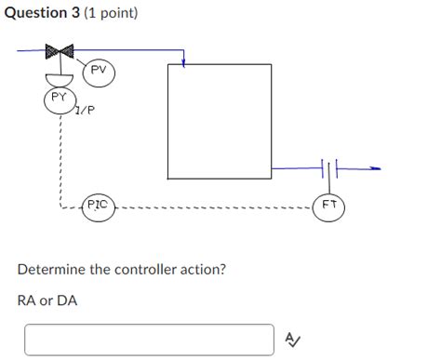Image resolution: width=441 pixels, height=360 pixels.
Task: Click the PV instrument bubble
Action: click(x=100, y=73)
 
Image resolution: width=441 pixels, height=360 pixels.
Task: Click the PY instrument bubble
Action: click(x=59, y=99)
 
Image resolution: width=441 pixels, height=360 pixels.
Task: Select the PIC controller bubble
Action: click(x=99, y=207)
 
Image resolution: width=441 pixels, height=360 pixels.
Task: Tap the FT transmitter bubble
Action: click(x=330, y=207)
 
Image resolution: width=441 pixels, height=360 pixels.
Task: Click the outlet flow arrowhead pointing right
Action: click(x=375, y=169)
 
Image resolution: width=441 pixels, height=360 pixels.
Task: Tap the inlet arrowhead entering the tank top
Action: click(x=184, y=64)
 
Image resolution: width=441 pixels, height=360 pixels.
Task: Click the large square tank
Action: click(x=220, y=121)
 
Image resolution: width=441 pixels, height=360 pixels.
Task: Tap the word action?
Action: click(x=202, y=270)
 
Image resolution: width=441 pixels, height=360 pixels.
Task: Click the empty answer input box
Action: click(x=150, y=340)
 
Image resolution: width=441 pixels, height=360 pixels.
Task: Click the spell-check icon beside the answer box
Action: click(x=291, y=340)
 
